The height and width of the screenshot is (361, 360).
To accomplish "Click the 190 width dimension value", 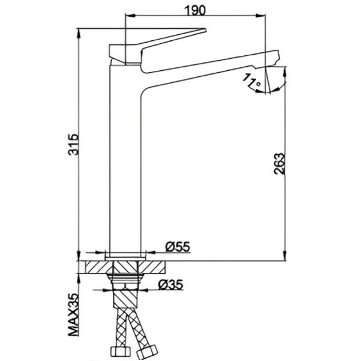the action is coord(195,10).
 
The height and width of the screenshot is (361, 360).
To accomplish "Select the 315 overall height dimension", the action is coord(74,144).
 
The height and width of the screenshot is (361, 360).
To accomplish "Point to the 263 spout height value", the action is coord(280,164).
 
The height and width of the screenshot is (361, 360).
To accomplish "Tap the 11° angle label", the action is coord(251,81).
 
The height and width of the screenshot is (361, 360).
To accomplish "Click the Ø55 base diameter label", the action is coord(178,247).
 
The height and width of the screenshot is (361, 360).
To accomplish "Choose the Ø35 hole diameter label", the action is coord(170,285).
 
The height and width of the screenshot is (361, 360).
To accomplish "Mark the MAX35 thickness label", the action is coord(74,315).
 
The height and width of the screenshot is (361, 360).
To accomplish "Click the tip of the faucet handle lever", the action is coord(205,30).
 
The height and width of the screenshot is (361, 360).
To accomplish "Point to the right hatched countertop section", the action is coord(151,267).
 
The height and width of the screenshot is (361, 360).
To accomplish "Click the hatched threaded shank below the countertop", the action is coord(125,299).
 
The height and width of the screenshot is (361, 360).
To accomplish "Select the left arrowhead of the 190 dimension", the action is coord(129,16).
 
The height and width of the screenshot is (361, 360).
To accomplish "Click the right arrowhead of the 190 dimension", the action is coord(262,16).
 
